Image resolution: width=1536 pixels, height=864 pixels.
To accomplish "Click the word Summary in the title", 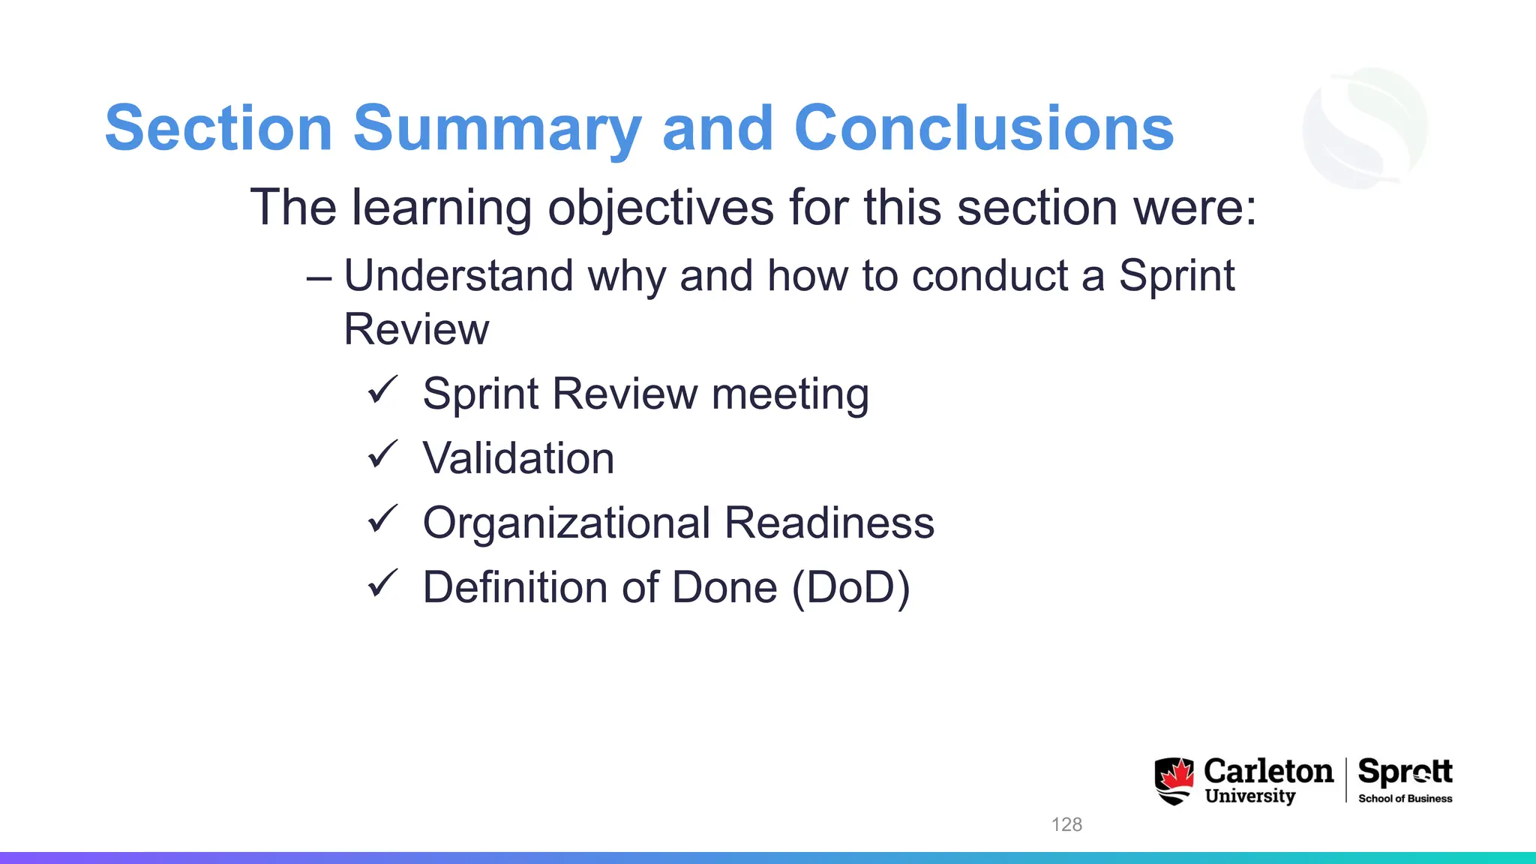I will point(497,129).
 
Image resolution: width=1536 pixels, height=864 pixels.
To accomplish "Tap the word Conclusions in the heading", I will point(983,129).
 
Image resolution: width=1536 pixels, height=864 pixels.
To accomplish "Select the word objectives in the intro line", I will point(660,208).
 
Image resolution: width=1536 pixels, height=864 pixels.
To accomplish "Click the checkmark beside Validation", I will point(382,454).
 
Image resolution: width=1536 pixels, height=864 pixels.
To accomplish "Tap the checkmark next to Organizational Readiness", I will point(382,519).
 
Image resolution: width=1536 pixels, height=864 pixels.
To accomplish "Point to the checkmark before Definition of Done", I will point(382,583).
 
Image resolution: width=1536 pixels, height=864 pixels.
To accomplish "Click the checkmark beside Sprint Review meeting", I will point(382,390).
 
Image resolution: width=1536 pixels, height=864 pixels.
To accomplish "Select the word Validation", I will point(518,458).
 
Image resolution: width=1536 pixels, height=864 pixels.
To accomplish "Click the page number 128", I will point(1066,824).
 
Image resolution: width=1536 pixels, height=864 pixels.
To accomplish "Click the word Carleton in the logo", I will point(1268,771).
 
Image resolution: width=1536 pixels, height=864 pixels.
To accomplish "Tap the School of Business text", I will point(1405,799).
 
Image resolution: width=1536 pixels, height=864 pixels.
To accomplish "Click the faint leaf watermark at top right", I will point(1365,127).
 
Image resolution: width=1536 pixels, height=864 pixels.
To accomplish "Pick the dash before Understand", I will point(319,277).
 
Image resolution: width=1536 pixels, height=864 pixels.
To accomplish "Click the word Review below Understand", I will point(416,329).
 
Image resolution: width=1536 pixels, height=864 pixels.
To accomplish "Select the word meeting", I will point(790,394).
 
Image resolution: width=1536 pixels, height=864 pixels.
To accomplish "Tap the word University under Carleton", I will point(1249,796).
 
